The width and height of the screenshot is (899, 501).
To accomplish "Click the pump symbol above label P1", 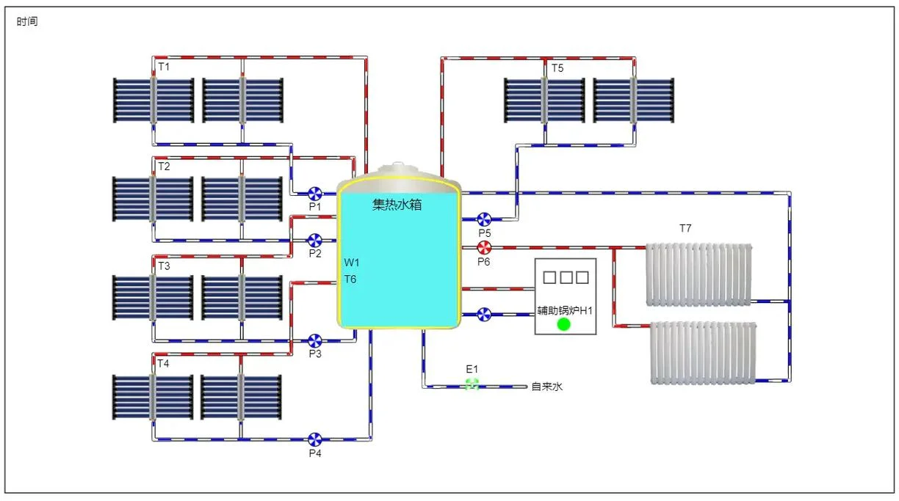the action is pyautogui.click(x=315, y=194).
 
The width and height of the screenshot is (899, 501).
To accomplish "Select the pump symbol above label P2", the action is pyautogui.click(x=314, y=241).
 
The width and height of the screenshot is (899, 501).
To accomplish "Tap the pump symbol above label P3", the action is pyautogui.click(x=314, y=341).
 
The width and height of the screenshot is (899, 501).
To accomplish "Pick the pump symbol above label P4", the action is pyautogui.click(x=314, y=439).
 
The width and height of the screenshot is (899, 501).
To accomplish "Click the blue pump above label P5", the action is pyautogui.click(x=484, y=219).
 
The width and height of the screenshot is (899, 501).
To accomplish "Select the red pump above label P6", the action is pyautogui.click(x=484, y=248).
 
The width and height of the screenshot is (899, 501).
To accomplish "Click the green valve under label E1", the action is pyautogui.click(x=472, y=384).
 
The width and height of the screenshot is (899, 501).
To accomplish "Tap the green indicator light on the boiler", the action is pyautogui.click(x=564, y=324).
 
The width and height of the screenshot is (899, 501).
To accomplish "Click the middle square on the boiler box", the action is pyautogui.click(x=566, y=277).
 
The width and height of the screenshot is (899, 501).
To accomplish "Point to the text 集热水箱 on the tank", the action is pyautogui.click(x=397, y=205).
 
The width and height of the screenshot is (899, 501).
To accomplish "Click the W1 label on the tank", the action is pyautogui.click(x=352, y=263).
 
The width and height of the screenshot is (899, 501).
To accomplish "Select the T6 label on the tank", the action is pyautogui.click(x=350, y=279).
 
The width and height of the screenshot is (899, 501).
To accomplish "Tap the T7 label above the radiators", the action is pyautogui.click(x=685, y=228).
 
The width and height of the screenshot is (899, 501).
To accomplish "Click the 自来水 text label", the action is pyautogui.click(x=547, y=387).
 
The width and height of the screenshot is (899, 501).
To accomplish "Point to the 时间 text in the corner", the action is pyautogui.click(x=27, y=21).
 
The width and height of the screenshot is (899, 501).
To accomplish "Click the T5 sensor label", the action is pyautogui.click(x=557, y=68).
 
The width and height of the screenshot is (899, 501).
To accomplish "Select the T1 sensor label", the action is pyautogui.click(x=164, y=67).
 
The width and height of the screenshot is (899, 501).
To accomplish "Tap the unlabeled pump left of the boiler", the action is pyautogui.click(x=484, y=315).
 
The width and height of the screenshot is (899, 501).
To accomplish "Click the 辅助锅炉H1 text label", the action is pyautogui.click(x=565, y=310).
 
